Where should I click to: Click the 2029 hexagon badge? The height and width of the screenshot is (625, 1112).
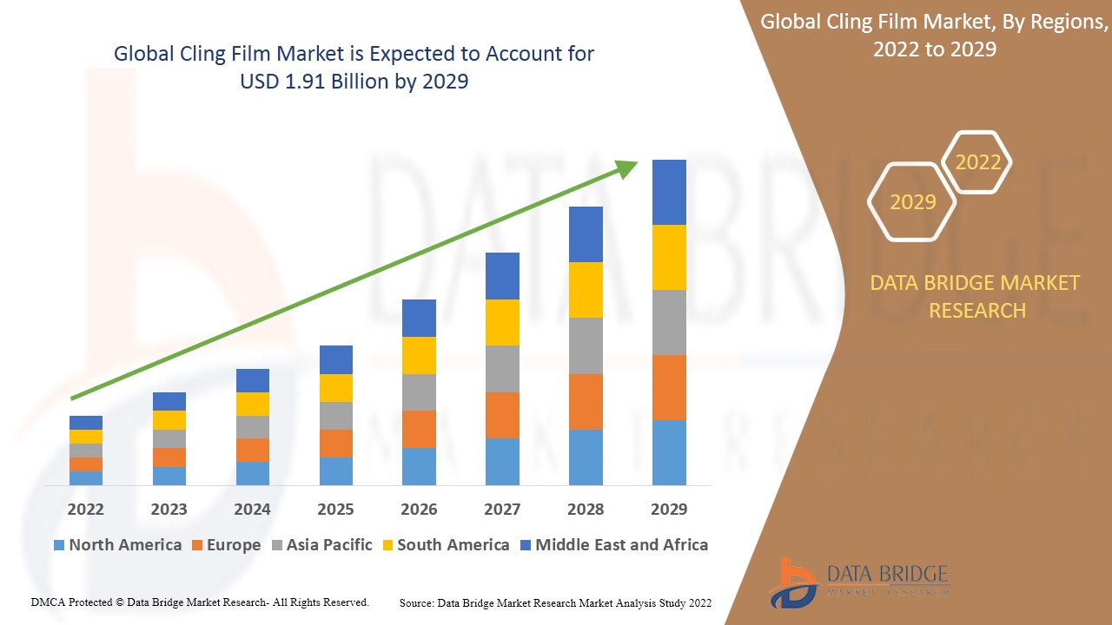point(912,201)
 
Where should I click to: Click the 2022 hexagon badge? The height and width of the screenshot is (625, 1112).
point(977,162)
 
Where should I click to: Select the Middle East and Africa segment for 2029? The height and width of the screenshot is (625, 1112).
point(669,192)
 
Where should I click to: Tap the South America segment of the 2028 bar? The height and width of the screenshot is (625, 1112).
point(586,290)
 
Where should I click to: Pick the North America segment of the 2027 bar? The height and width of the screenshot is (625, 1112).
point(502,461)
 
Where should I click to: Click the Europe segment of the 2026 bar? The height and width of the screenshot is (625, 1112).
point(419,429)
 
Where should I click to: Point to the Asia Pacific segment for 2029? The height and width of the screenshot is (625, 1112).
point(669,322)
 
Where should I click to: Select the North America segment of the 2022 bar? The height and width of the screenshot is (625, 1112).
point(86,477)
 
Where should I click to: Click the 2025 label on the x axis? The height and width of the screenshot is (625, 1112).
point(335,509)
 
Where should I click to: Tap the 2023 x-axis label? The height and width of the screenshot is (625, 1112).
point(169,509)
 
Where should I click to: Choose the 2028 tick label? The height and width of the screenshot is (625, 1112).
point(586,509)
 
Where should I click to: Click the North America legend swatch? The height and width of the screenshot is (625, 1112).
point(59,545)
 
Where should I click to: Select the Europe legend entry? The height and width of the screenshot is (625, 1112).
point(233,545)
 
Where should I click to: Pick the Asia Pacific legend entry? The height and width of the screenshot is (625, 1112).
point(328,545)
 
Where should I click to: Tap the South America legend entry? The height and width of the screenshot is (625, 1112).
point(453,545)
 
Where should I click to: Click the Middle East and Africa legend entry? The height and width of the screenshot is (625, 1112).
point(621,545)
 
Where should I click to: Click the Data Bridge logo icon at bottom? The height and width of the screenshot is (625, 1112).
point(792,582)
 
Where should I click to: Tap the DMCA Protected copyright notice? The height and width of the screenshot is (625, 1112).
point(200,602)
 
